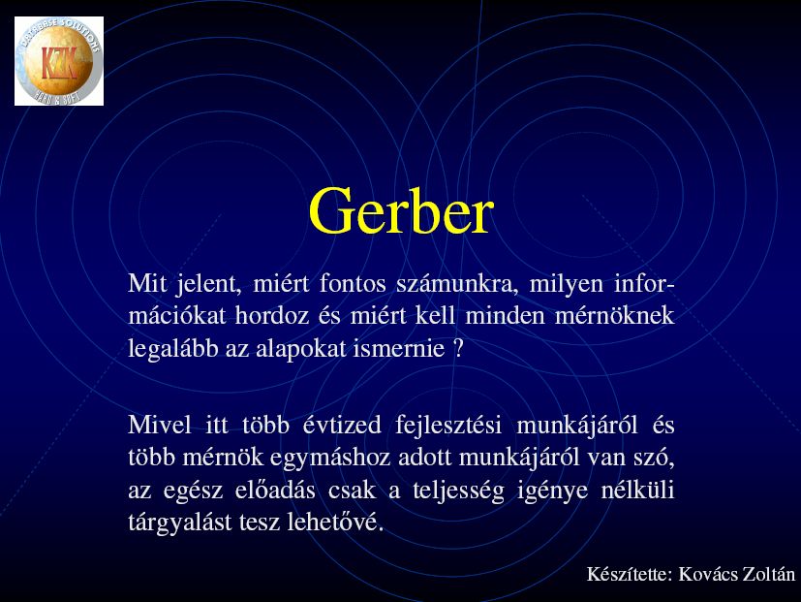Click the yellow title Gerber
(401, 211)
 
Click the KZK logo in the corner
(59, 61)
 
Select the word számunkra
(457, 284)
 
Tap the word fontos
(353, 284)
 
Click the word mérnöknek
(614, 316)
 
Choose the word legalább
(173, 349)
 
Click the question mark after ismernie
(458, 349)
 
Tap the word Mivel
(160, 425)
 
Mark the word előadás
(275, 491)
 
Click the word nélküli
(637, 491)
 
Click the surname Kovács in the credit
(708, 575)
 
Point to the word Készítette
(630, 575)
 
